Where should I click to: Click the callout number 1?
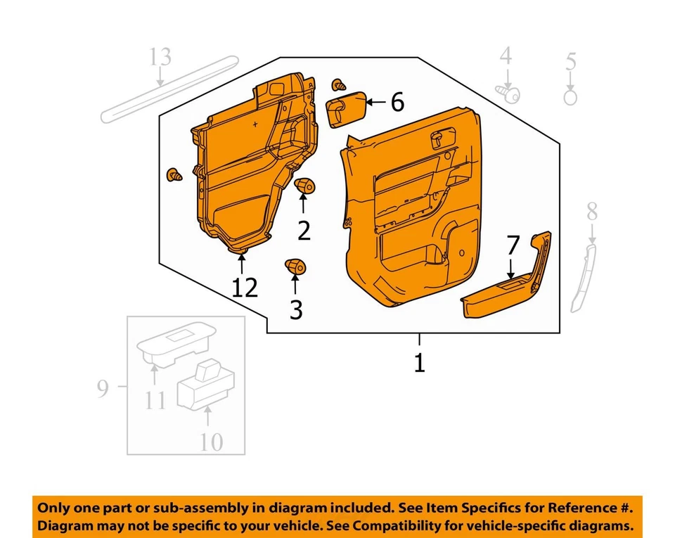pyautogui.click(x=419, y=364)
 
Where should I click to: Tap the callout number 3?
pyautogui.click(x=296, y=309)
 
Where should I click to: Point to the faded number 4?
pyautogui.click(x=506, y=56)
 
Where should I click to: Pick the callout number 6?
pyautogui.click(x=397, y=103)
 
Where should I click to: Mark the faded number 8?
pyautogui.click(x=592, y=210)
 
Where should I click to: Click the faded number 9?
pyautogui.click(x=103, y=388)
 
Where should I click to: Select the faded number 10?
pyautogui.click(x=210, y=442)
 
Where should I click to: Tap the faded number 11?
pyautogui.click(x=155, y=399)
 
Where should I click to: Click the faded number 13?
pyautogui.click(x=160, y=56)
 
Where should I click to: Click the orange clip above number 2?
pyautogui.click(x=304, y=186)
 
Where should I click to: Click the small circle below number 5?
pyautogui.click(x=570, y=97)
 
